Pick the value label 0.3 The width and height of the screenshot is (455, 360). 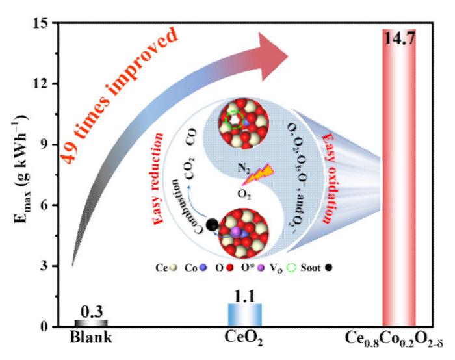pos(91,311)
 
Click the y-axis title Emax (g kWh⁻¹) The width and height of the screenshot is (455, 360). pos(21,175)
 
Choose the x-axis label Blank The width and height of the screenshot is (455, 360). pos(91,339)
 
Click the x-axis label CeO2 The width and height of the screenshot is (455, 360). pos(244,340)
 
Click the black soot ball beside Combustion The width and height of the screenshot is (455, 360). pos(211,225)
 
